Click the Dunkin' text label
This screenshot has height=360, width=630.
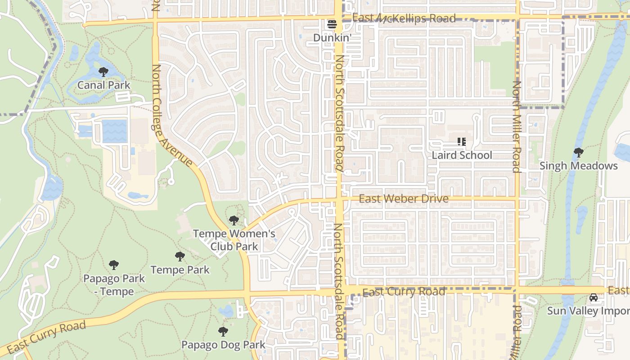(x=332, y=38)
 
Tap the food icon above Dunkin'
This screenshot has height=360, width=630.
(x=332, y=24)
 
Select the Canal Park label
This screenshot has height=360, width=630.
(x=104, y=85)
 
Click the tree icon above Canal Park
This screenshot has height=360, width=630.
(x=103, y=72)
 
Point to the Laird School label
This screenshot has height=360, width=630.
(x=462, y=155)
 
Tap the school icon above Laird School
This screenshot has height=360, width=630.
(x=461, y=142)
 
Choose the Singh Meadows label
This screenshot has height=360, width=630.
(x=578, y=166)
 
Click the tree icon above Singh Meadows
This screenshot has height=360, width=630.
(x=579, y=153)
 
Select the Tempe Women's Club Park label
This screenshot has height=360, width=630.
(x=234, y=240)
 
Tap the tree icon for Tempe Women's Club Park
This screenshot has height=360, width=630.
(x=234, y=220)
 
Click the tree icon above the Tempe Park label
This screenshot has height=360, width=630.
(x=180, y=257)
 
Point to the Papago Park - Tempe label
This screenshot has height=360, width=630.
(x=114, y=285)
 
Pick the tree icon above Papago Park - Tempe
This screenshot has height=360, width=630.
(x=114, y=265)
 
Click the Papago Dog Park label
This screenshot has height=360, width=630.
(x=223, y=345)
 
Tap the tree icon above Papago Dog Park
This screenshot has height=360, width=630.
(x=223, y=332)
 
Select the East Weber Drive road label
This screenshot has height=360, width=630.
(x=404, y=199)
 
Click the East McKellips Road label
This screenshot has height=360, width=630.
(x=404, y=18)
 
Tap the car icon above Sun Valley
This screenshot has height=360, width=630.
(x=594, y=298)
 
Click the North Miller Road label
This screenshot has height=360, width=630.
(x=517, y=127)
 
